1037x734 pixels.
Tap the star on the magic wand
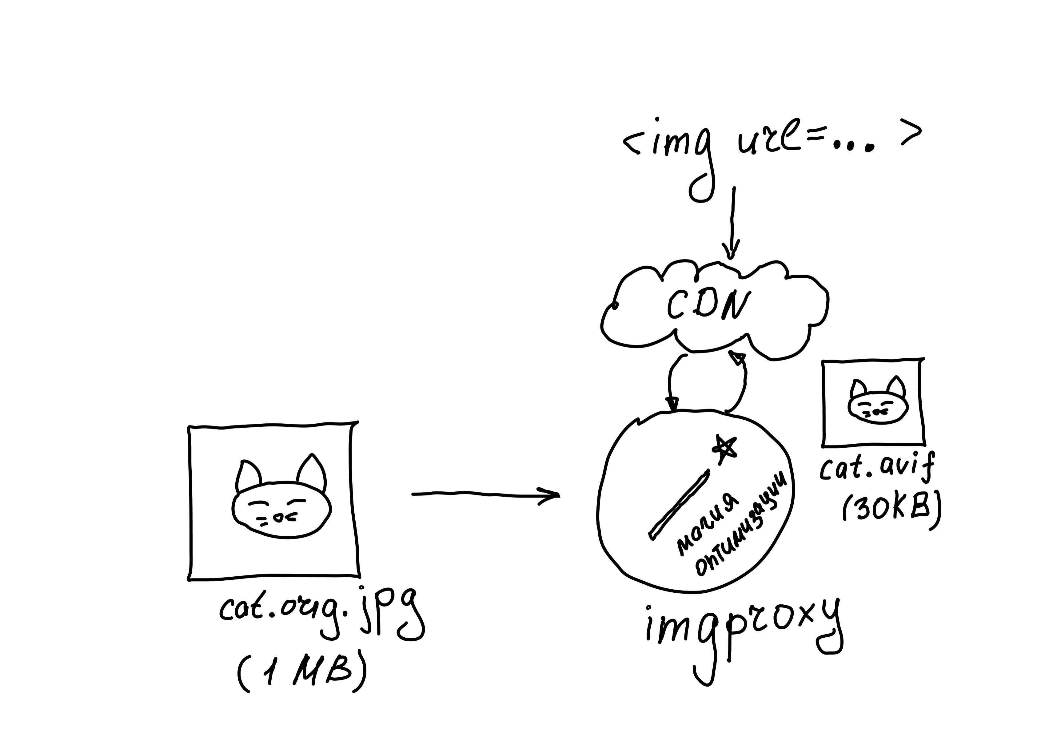click(724, 448)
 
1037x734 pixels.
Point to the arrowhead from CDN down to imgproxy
click(672, 403)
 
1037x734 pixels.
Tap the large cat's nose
click(279, 518)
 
